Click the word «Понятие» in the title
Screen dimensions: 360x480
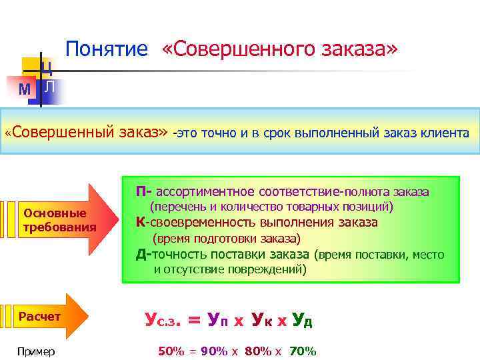coord(107,49)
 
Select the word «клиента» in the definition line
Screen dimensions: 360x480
coord(445,133)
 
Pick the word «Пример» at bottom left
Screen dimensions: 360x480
coord(37,351)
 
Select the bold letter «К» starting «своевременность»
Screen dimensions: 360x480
coord(141,223)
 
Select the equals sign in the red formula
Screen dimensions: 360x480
coord(194,321)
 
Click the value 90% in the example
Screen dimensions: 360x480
coord(213,351)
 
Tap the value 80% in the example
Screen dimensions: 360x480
coord(258,351)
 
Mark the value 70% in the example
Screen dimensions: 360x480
coord(303,351)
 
